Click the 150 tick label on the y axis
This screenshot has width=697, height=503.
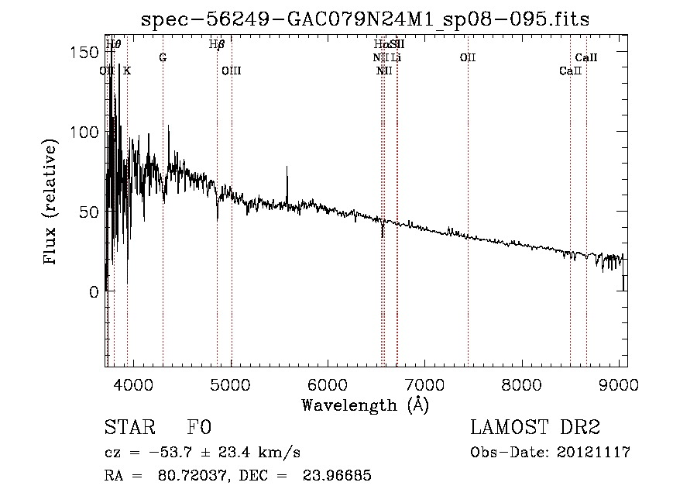tap(85, 52)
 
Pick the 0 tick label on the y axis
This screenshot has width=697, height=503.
tap(94, 292)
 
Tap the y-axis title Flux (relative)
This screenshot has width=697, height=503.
tap(51, 203)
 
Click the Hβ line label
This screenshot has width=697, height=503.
tap(217, 44)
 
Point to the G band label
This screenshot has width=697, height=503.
tap(163, 58)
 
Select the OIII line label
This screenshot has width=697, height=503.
tap(232, 71)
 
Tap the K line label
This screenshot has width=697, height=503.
tap(127, 71)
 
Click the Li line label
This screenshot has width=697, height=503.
tap(396, 58)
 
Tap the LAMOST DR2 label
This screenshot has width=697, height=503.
tap(534, 428)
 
